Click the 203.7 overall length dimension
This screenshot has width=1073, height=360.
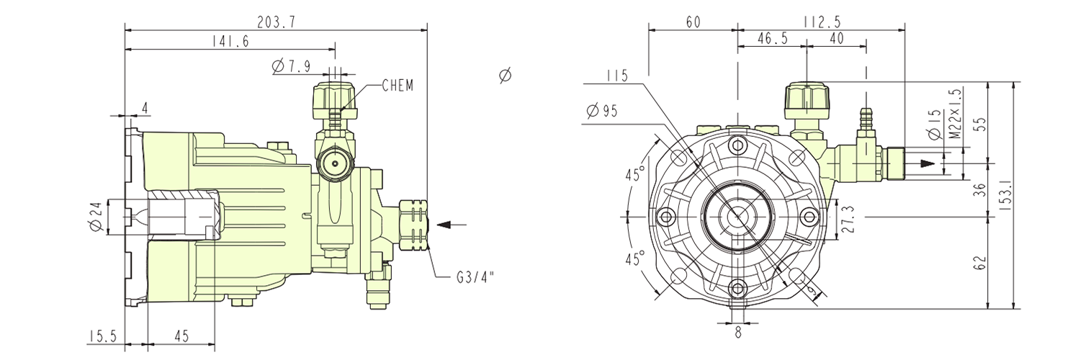click(x=276, y=22)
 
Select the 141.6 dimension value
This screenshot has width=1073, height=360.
click(x=230, y=42)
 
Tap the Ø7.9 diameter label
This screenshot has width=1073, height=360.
click(x=291, y=67)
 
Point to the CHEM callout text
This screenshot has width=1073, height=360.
click(x=397, y=86)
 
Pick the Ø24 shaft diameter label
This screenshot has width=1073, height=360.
click(x=94, y=216)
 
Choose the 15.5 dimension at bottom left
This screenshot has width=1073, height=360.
click(x=104, y=336)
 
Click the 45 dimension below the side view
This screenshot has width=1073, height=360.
click(x=181, y=336)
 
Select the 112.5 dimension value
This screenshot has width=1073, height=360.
click(x=822, y=22)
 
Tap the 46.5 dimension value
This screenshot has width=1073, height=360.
click(x=771, y=40)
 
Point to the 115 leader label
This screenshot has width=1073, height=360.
click(x=616, y=75)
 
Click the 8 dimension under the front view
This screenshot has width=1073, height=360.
click(x=737, y=333)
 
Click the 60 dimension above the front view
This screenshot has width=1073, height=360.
click(x=693, y=22)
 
